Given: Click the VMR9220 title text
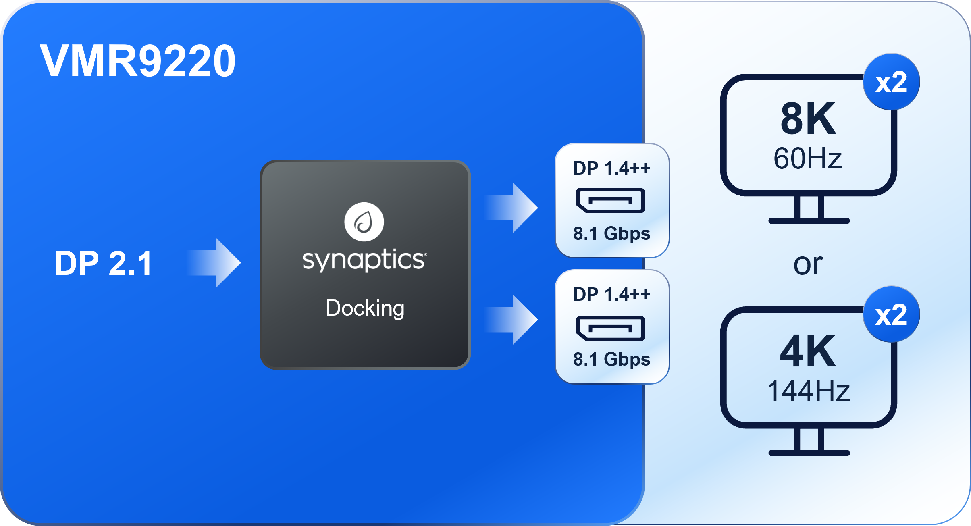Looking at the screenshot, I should [x=137, y=61].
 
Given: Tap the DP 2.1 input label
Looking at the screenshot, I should [x=103, y=263].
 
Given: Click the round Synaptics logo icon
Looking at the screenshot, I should [x=364, y=222].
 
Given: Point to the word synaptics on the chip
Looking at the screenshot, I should [x=364, y=260].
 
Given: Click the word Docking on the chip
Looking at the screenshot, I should [x=365, y=309].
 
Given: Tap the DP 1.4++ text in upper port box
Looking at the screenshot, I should [x=611, y=168].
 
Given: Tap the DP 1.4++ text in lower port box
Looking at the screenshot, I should [x=611, y=294].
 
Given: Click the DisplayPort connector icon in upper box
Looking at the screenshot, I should [x=610, y=200].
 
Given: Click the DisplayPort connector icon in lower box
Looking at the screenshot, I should [x=610, y=328].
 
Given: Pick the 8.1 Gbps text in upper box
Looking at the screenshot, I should [x=611, y=234].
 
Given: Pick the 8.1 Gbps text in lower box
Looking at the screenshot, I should [x=611, y=360].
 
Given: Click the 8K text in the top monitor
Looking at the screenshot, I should [x=808, y=119].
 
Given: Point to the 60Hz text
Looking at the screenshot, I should [x=808, y=158].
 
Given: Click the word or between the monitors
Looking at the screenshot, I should [x=808, y=265].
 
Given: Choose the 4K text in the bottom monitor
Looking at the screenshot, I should [x=808, y=351].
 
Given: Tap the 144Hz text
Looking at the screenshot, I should [x=808, y=391].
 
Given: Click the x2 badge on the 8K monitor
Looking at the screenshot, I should [x=891, y=82].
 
